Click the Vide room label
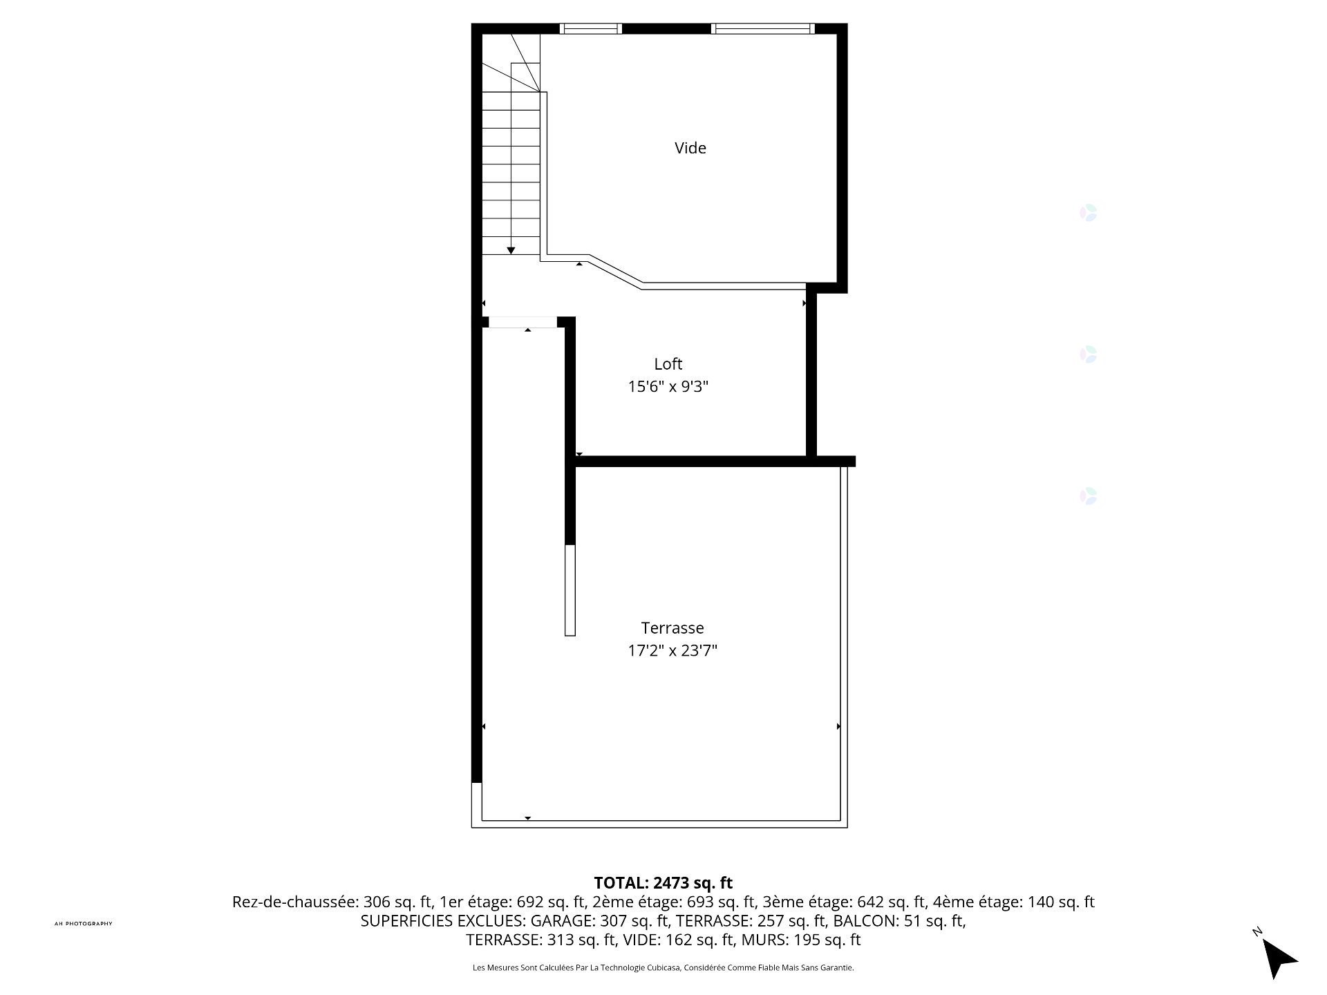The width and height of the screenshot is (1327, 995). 690,148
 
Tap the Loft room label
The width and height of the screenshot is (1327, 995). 668,364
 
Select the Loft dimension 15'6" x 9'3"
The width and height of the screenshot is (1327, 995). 668,386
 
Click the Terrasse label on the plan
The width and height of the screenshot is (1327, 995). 672,628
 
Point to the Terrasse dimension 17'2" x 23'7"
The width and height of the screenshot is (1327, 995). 672,650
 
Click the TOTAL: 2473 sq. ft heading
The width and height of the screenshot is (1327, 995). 663,883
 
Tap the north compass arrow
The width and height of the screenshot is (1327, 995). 1278,957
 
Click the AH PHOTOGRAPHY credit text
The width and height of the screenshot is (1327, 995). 83,924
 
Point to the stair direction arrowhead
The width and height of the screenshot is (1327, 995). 511,251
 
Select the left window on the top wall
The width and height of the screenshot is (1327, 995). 591,28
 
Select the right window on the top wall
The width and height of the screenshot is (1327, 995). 763,28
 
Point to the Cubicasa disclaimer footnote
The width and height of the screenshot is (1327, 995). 663,968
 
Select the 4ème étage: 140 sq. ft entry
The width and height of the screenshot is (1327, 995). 1014,902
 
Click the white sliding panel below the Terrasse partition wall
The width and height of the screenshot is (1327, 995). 570,590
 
